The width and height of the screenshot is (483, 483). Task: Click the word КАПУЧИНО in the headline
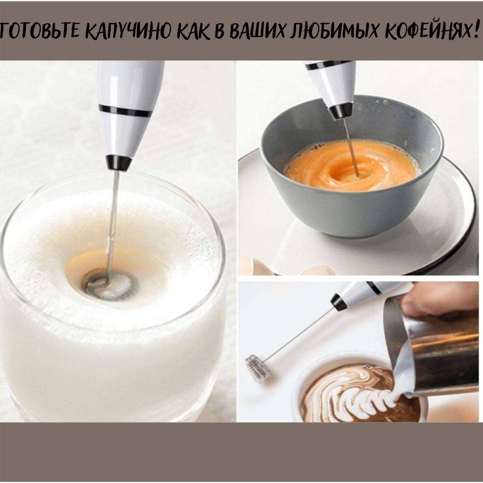pyautogui.click(x=127, y=31)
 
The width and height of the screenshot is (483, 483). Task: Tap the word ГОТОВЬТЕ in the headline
pyautogui.click(x=39, y=31)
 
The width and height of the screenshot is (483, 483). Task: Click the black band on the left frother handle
pyautogui.click(x=125, y=111)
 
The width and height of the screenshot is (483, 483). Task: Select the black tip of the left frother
pyautogui.click(x=119, y=163)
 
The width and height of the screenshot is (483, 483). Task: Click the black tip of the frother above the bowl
pyautogui.click(x=341, y=110)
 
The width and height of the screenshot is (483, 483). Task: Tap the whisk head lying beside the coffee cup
pyautogui.click(x=258, y=369)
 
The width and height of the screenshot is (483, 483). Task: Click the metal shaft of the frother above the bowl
pyautogui.click(x=352, y=148)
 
